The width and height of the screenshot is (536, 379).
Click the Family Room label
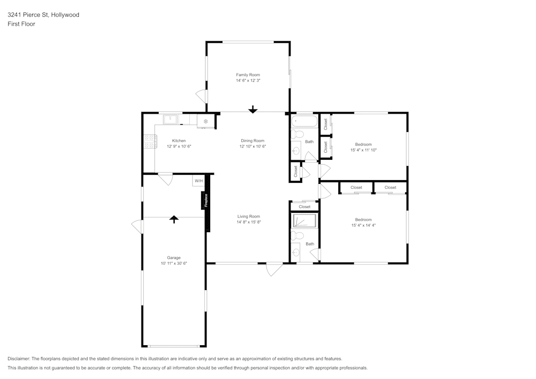(248, 75)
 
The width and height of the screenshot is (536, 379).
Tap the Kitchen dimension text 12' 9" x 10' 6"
(179, 146)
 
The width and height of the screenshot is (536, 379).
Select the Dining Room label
(252, 140)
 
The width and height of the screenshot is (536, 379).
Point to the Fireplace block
(205, 200)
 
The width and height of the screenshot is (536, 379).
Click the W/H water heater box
(199, 181)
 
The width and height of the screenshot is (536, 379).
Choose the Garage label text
(174, 257)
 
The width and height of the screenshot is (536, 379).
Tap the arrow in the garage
(174, 219)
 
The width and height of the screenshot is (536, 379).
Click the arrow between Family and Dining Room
(252, 109)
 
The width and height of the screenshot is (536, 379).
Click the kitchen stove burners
(150, 142)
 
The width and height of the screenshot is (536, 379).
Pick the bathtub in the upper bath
(304, 121)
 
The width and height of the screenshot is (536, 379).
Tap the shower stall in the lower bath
(304, 221)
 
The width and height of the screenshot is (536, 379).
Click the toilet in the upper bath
(297, 135)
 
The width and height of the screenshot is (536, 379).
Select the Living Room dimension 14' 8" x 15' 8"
(249, 222)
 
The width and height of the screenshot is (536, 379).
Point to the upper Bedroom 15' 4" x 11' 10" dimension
(363, 150)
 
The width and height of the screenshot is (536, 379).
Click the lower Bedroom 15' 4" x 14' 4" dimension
(363, 225)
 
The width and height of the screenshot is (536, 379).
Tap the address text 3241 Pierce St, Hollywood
(43, 15)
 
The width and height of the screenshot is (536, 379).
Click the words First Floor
(21, 24)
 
